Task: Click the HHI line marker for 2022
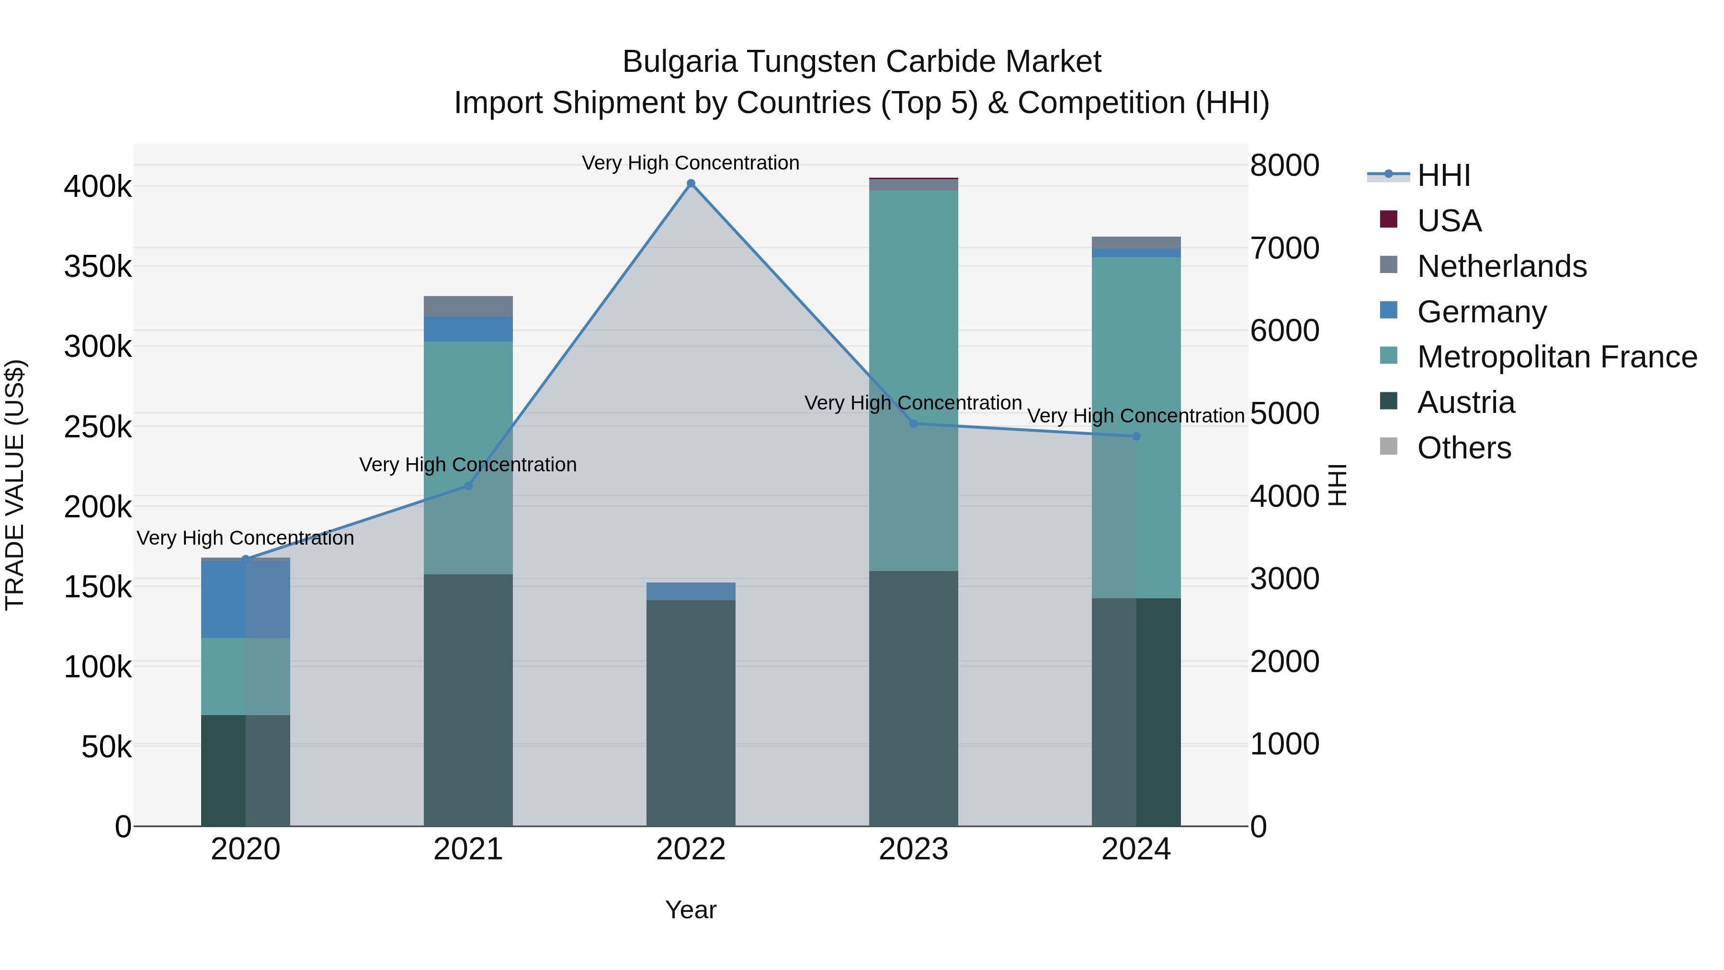691,183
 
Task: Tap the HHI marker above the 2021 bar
468,486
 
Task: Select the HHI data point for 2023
914,423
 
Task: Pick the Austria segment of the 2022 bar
691,713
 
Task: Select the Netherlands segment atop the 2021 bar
468,306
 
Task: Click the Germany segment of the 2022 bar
691,591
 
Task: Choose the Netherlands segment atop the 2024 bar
1136,242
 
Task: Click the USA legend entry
1449,221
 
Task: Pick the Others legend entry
1463,448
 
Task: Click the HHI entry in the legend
1443,175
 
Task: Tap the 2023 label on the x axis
914,849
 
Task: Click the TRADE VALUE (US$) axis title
15,485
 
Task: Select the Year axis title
691,910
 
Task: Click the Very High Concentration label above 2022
691,163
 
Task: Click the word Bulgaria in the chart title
679,62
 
